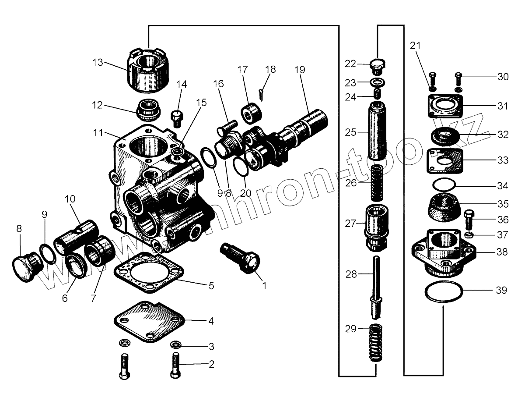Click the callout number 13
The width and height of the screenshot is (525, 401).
click(x=98, y=62)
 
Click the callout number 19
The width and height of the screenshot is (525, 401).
click(x=299, y=69)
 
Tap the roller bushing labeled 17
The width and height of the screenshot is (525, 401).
click(x=251, y=112)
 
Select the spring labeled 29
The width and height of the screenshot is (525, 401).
click(x=375, y=343)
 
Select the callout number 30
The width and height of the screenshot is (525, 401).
click(x=503, y=77)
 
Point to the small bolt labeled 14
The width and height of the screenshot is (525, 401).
click(x=177, y=117)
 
